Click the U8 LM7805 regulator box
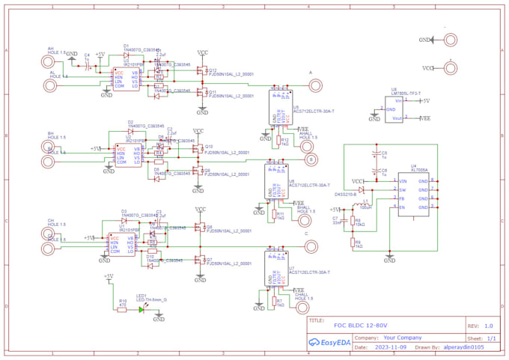click(397, 109)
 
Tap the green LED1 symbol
click(141, 309)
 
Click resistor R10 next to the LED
click(122, 309)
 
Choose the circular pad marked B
click(311, 159)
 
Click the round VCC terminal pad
click(451, 68)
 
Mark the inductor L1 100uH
click(364, 203)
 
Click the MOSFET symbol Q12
click(201, 71)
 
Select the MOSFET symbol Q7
click(199, 260)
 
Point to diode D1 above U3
click(126, 55)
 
